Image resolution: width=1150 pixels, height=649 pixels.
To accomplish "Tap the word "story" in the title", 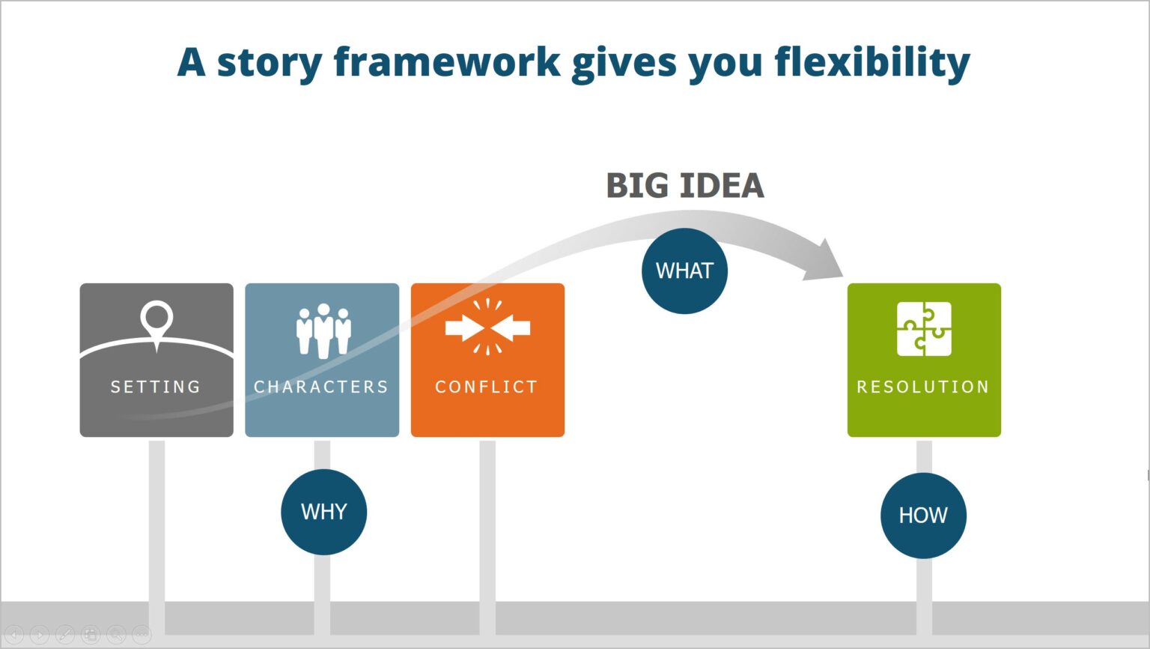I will click(x=269, y=63).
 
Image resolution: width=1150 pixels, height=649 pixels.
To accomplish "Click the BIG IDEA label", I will click(x=684, y=186).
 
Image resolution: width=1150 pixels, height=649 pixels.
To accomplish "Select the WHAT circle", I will click(x=684, y=271).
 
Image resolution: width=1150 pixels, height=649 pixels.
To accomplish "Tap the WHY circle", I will click(x=323, y=512).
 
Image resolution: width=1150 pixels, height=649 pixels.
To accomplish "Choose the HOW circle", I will click(x=923, y=516).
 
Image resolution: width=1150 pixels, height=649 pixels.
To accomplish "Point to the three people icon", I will click(x=323, y=330).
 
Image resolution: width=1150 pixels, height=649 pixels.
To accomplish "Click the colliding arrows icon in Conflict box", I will click(x=487, y=327).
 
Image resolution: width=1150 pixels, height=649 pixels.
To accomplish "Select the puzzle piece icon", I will click(x=924, y=329).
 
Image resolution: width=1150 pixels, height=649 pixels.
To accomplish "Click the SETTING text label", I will click(x=156, y=387).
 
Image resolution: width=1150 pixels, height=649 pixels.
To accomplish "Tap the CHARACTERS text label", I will click(x=321, y=387).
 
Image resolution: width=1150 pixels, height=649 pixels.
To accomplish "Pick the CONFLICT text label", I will click(x=487, y=387).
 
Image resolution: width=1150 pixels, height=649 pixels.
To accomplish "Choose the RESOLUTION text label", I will click(x=923, y=387).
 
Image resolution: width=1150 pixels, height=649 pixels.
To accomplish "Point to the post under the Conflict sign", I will click(x=487, y=525).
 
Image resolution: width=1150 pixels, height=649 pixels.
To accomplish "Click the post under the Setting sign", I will click(x=156, y=525).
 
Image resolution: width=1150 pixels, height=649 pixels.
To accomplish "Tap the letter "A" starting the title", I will click(x=191, y=62).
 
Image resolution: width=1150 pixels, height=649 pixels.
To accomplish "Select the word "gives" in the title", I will click(x=624, y=63).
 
